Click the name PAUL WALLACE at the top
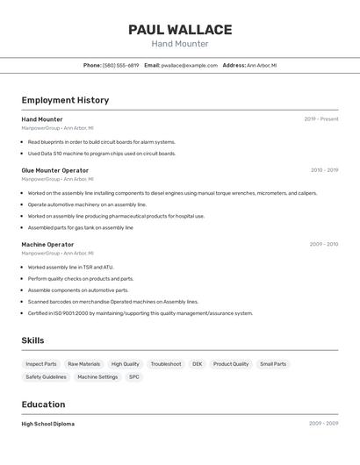pyautogui.click(x=180, y=30)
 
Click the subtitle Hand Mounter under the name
pyautogui.click(x=180, y=44)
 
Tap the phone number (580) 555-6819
pyautogui.click(x=120, y=65)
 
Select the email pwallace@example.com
pyautogui.click(x=191, y=65)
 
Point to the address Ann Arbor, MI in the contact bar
pyautogui.click(x=262, y=65)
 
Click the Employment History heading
pyautogui.click(x=65, y=100)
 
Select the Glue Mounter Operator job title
pyautogui.click(x=54, y=170)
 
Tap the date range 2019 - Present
pyautogui.click(x=321, y=119)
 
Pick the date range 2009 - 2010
pyautogui.click(x=323, y=244)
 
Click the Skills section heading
pyautogui.click(x=32, y=340)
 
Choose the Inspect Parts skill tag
pyautogui.click(x=41, y=364)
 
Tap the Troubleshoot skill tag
pyautogui.click(x=166, y=364)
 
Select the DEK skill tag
pyautogui.click(x=197, y=364)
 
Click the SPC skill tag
pyautogui.click(x=134, y=377)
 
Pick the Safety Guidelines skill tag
pyautogui.click(x=46, y=377)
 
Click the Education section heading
pyautogui.click(x=43, y=404)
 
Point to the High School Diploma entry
pyautogui.click(x=47, y=424)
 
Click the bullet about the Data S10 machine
pyautogui.click(x=101, y=154)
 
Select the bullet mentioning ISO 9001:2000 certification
pyautogui.click(x=140, y=313)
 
